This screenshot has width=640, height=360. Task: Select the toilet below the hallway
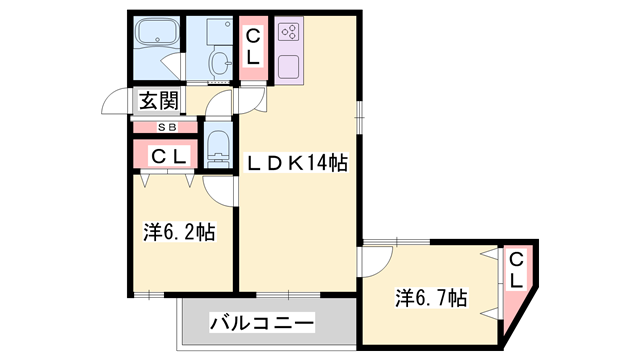218,146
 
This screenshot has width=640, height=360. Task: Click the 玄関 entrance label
158,100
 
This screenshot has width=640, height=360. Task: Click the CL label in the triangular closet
515,271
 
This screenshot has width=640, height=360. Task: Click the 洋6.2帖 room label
179,232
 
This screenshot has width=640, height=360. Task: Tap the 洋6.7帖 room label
431,297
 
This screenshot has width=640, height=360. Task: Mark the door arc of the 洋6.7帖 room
372,261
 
